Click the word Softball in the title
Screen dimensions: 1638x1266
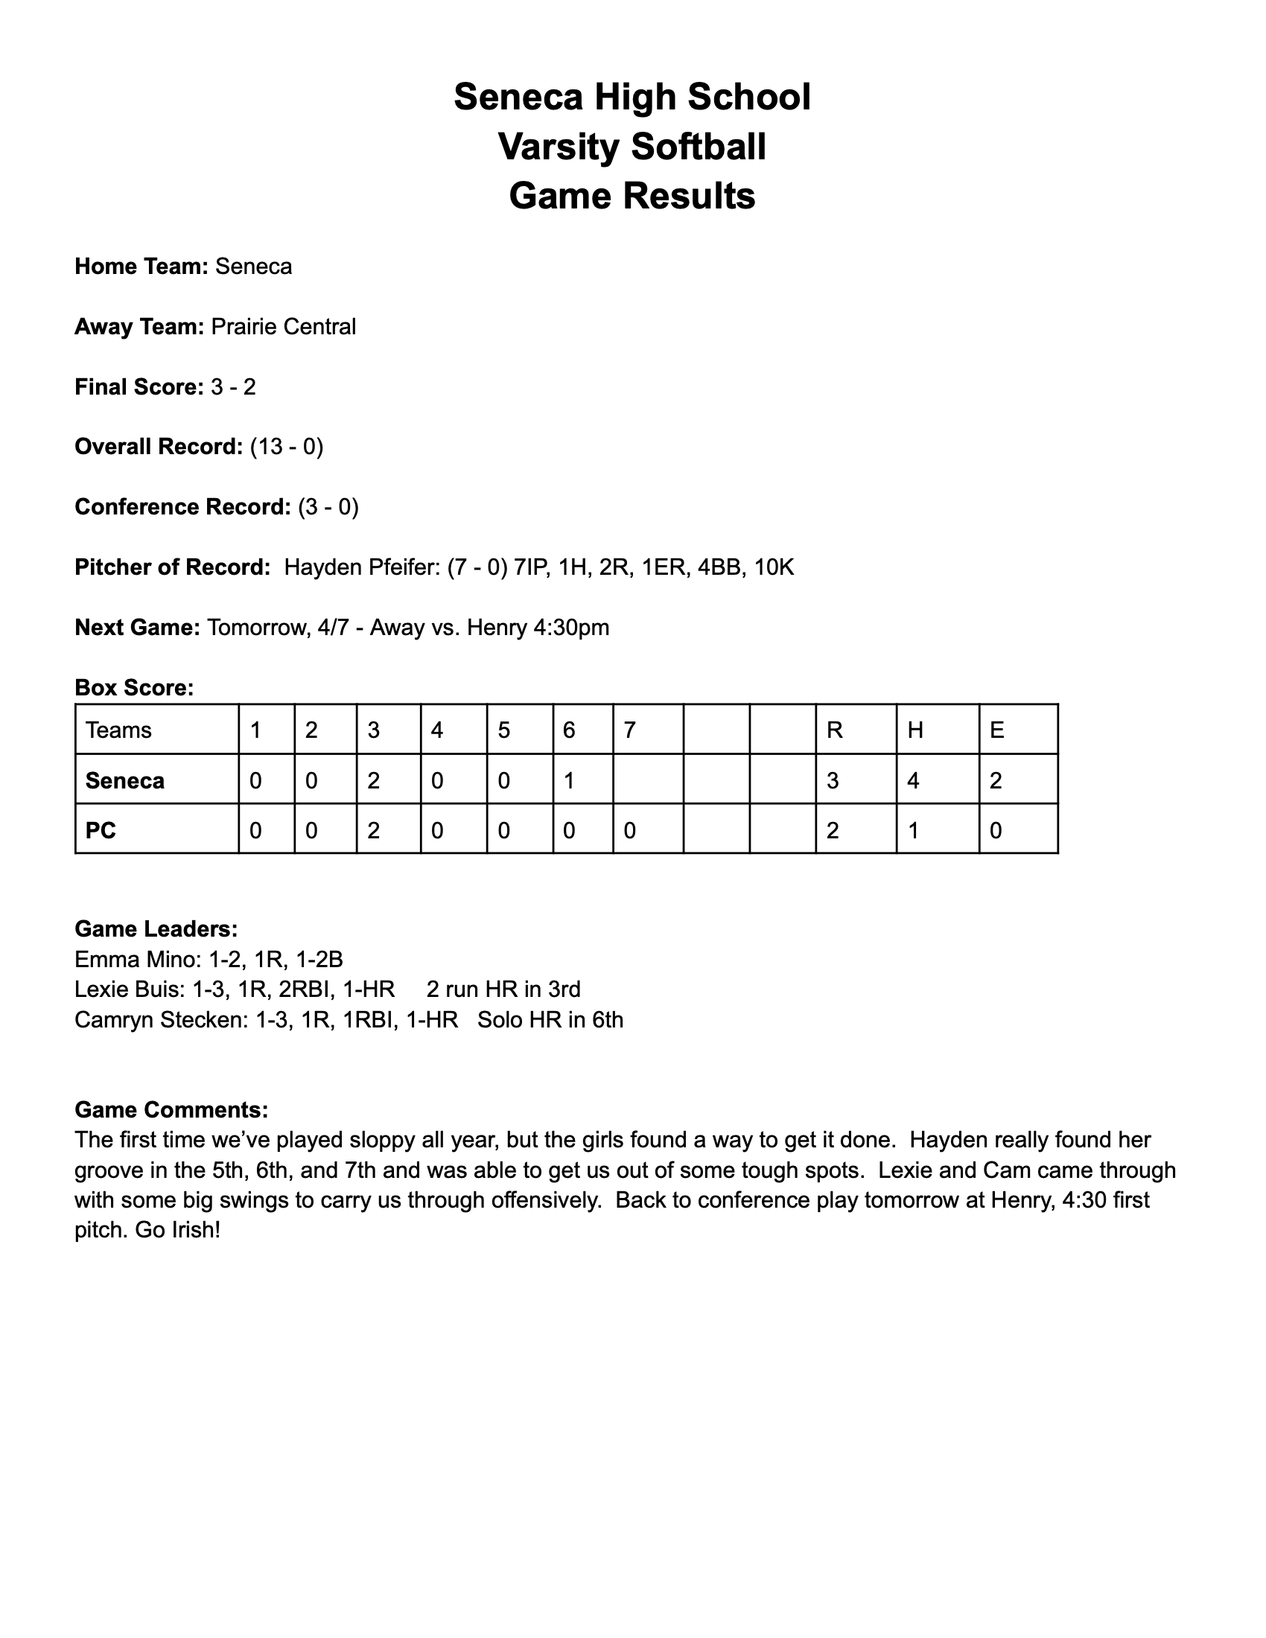[x=699, y=146]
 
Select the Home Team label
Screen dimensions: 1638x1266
[x=141, y=267]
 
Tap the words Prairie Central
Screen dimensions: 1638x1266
[x=284, y=327]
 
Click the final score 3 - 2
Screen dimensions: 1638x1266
[x=233, y=387]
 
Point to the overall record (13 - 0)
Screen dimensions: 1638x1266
[x=287, y=447]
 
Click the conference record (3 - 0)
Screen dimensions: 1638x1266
[x=328, y=507]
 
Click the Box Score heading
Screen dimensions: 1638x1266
[x=134, y=688]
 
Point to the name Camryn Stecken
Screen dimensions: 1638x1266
[x=160, y=1020]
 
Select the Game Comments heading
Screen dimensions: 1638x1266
[x=171, y=1109]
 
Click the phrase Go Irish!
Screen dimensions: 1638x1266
[x=178, y=1231]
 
